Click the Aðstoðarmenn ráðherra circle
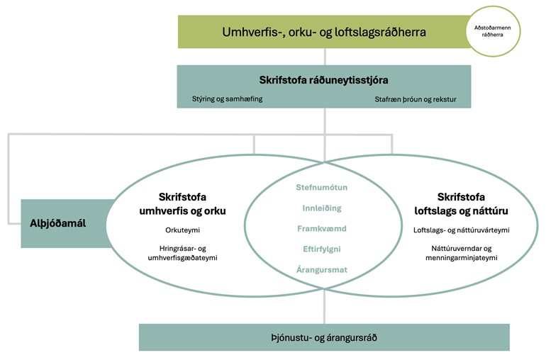click(x=493, y=31)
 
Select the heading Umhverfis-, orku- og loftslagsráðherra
click(x=324, y=32)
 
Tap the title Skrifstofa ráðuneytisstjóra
click(x=323, y=80)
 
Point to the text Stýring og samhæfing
click(x=228, y=99)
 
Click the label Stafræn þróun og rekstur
click(x=416, y=99)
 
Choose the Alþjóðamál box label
click(x=58, y=223)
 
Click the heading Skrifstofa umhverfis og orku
click(x=182, y=204)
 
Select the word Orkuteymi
click(x=182, y=230)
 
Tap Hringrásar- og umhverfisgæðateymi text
click(x=182, y=253)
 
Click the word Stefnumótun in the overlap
click(x=322, y=187)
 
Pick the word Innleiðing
click(x=322, y=208)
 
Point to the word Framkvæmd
click(x=322, y=229)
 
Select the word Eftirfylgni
click(x=322, y=249)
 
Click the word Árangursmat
click(x=322, y=269)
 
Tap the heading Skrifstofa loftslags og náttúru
click(x=461, y=204)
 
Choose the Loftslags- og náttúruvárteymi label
click(x=462, y=230)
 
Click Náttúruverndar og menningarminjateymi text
click(x=462, y=253)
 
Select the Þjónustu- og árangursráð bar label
click(x=324, y=338)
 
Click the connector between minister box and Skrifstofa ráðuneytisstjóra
click(x=325, y=57)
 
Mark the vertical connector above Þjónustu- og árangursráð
click(x=324, y=307)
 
